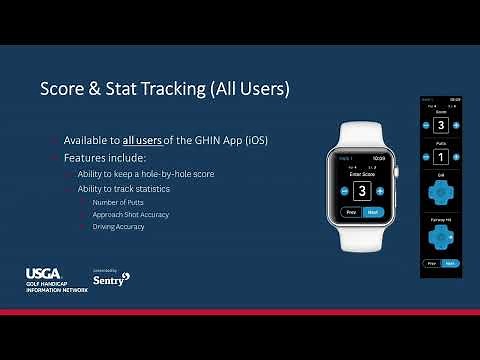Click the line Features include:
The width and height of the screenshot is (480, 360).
[x=103, y=158]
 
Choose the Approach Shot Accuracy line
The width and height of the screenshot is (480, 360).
[x=130, y=214]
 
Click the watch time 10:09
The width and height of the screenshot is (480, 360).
[x=378, y=157]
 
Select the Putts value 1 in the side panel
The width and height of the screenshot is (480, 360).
[x=441, y=156]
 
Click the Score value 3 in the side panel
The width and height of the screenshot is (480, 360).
[x=441, y=126]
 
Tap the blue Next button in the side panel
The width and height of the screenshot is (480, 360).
[x=449, y=263]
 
